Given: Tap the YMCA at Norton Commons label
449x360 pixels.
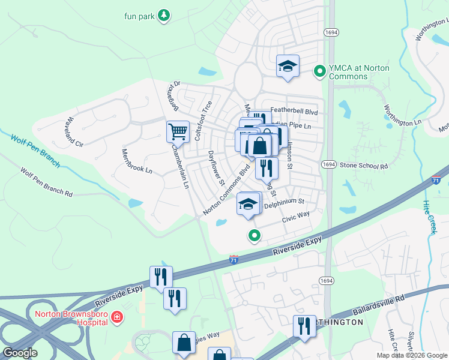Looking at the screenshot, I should point(358,72).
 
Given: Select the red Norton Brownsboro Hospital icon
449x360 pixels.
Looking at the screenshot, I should point(117,317).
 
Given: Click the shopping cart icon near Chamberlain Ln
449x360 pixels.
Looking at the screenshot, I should point(177,131).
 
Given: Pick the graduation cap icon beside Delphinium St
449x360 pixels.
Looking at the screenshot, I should point(247,205).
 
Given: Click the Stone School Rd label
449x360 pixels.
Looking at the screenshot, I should point(364,165).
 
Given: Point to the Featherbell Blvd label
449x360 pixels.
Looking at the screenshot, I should point(294,111).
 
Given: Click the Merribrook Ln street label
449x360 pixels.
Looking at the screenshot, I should point(137,161).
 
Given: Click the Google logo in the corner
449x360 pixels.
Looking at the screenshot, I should point(20,353).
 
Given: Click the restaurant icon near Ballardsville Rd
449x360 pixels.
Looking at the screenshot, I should point(304,326).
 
